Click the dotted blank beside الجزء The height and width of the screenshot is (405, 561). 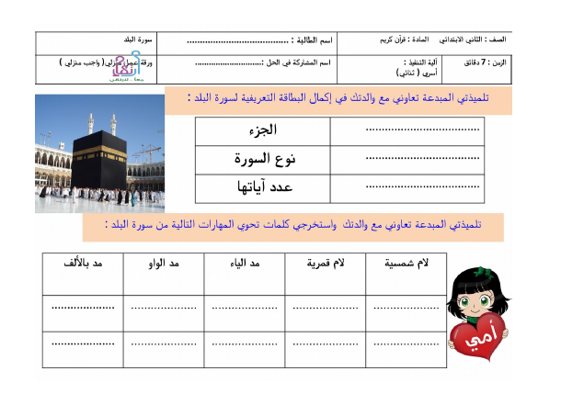[423, 130]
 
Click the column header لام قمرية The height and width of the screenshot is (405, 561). [326, 264]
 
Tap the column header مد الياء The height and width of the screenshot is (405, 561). [244, 264]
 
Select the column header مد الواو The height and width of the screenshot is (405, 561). [164, 264]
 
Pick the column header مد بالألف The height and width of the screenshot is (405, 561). [84, 264]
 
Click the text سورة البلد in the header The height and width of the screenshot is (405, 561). [140, 41]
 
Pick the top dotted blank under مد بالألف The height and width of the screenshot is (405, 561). [84, 308]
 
